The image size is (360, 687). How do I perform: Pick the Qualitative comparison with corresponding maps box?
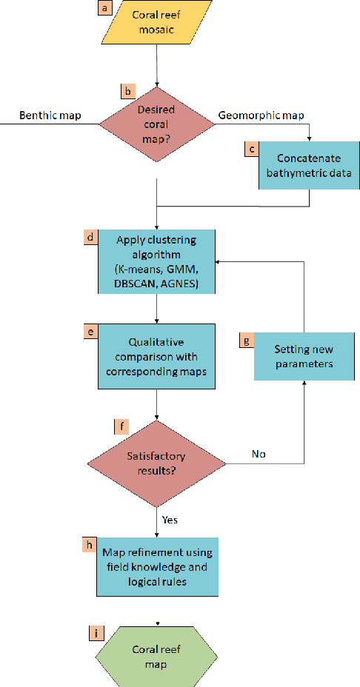156,356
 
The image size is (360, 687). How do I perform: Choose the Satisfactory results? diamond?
156,464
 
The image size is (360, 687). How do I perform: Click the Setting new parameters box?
303,356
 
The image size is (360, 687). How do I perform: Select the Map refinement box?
157,567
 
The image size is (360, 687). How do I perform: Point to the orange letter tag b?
127,92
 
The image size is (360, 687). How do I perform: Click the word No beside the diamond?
259,453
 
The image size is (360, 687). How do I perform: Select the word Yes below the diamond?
170,520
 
